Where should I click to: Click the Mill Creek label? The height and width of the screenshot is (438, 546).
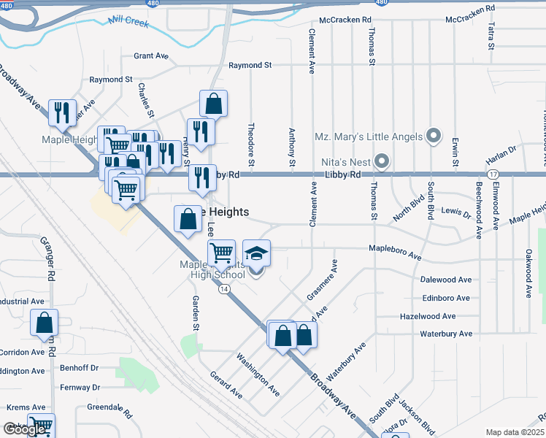[x=128, y=23]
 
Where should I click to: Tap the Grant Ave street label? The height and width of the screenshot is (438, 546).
[x=151, y=55]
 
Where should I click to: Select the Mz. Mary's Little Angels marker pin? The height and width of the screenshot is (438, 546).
[x=434, y=137]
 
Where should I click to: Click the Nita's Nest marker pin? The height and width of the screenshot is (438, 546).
[x=382, y=161]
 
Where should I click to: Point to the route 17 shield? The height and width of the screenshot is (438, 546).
[x=493, y=174]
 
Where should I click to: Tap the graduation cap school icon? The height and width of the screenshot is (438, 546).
[x=256, y=254]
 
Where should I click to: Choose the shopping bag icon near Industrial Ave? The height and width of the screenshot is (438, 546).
[x=45, y=322]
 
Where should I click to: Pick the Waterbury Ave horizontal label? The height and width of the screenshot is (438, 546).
[x=447, y=334]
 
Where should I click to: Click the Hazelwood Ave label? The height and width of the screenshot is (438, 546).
[x=427, y=316]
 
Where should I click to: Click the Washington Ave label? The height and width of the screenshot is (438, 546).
[x=257, y=375]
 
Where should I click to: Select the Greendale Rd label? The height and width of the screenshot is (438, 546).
[x=109, y=410]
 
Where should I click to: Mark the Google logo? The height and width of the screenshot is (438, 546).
[x=24, y=430]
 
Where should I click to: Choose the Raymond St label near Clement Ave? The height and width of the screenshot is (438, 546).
[x=250, y=65]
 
